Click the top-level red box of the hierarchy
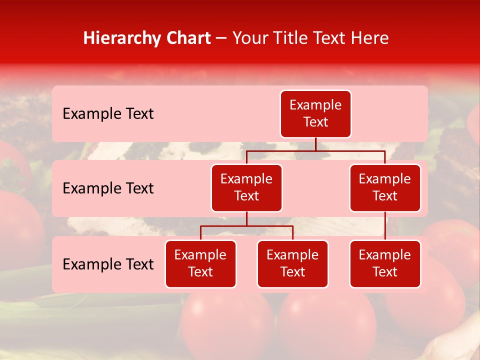click(x=315, y=114)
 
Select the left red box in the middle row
click(x=246, y=188)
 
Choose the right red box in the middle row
click(x=385, y=188)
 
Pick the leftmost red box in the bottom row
click(x=200, y=264)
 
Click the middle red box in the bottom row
click(x=292, y=264)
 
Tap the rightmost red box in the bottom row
click(x=385, y=264)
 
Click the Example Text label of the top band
click(x=108, y=114)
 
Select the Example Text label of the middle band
click(x=108, y=188)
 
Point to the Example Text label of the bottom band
click(x=108, y=264)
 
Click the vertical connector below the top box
click(x=315, y=144)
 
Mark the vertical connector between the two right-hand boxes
click(x=385, y=226)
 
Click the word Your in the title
click(x=249, y=38)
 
